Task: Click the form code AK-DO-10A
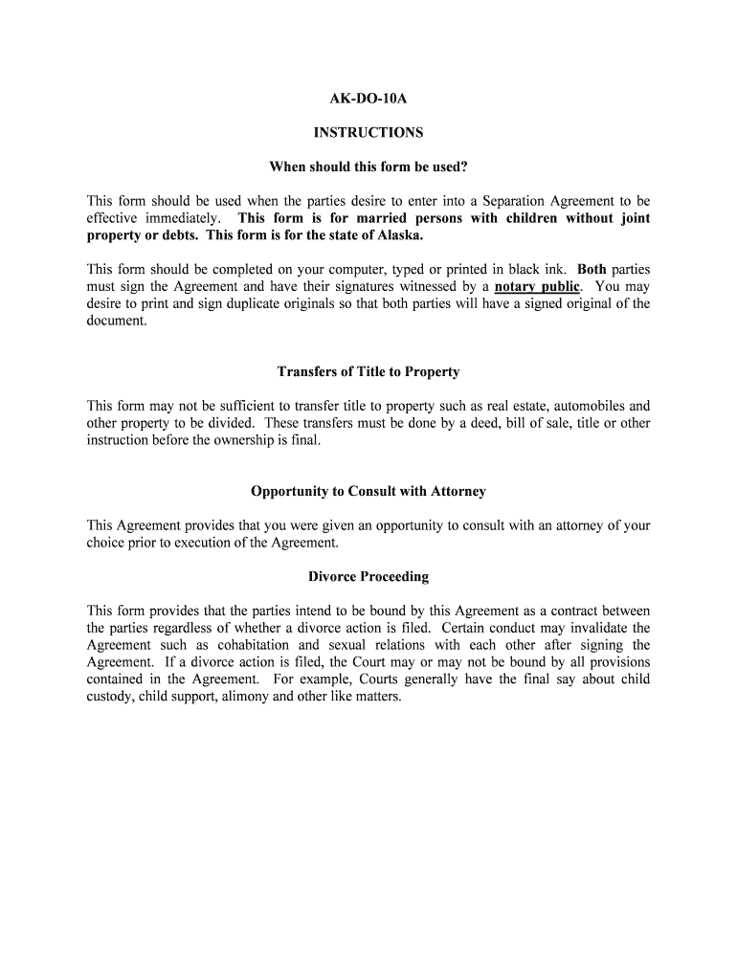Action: pyautogui.click(x=368, y=98)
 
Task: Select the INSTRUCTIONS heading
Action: pyautogui.click(x=368, y=133)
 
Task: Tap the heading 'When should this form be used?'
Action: pyautogui.click(x=368, y=167)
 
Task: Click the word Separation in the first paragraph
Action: pyautogui.click(x=517, y=201)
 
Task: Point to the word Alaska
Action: pyautogui.click(x=398, y=235)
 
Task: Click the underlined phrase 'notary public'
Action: pyautogui.click(x=537, y=286)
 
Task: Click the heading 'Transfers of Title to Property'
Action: pyautogui.click(x=368, y=371)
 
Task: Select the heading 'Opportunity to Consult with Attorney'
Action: pyautogui.click(x=368, y=491)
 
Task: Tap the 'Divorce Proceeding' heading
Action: pyautogui.click(x=368, y=577)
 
